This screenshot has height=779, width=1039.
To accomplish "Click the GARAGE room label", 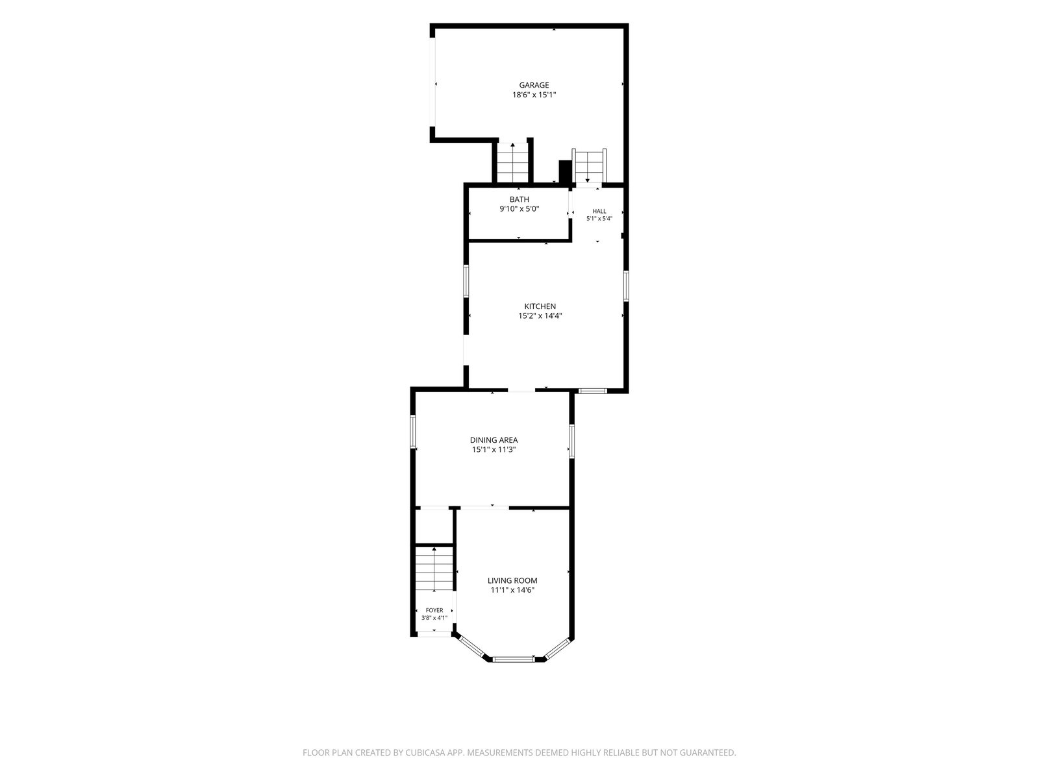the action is click(534, 85).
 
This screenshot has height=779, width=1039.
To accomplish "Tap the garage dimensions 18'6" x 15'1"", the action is click(534, 95).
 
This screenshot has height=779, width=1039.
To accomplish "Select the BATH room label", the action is click(519, 199).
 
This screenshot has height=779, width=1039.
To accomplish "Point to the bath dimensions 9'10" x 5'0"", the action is click(519, 208).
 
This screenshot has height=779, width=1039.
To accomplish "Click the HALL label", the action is click(599, 212).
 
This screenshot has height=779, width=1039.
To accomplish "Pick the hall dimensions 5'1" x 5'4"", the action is click(599, 219).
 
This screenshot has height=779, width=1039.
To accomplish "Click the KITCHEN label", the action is click(540, 306).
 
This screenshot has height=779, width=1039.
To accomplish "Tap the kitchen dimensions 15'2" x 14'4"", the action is click(540, 316).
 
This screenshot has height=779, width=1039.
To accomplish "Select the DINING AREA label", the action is click(494, 440).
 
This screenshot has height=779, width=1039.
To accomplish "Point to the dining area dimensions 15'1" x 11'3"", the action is click(494, 450).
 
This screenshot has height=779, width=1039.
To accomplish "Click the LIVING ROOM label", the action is click(512, 581).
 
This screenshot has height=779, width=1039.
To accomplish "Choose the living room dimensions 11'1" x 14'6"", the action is click(512, 590).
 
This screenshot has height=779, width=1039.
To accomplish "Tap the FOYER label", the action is click(434, 611).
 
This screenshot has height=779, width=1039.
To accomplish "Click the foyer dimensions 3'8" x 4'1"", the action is click(434, 618).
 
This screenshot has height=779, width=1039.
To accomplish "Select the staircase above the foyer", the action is click(434, 569).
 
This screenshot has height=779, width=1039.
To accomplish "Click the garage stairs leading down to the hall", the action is click(588, 166).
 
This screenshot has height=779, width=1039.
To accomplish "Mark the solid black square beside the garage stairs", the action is click(565, 171).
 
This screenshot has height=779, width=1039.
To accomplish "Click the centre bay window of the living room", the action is click(513, 659).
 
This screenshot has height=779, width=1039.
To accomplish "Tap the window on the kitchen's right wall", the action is click(626, 286).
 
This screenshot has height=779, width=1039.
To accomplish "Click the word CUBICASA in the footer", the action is click(425, 752).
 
